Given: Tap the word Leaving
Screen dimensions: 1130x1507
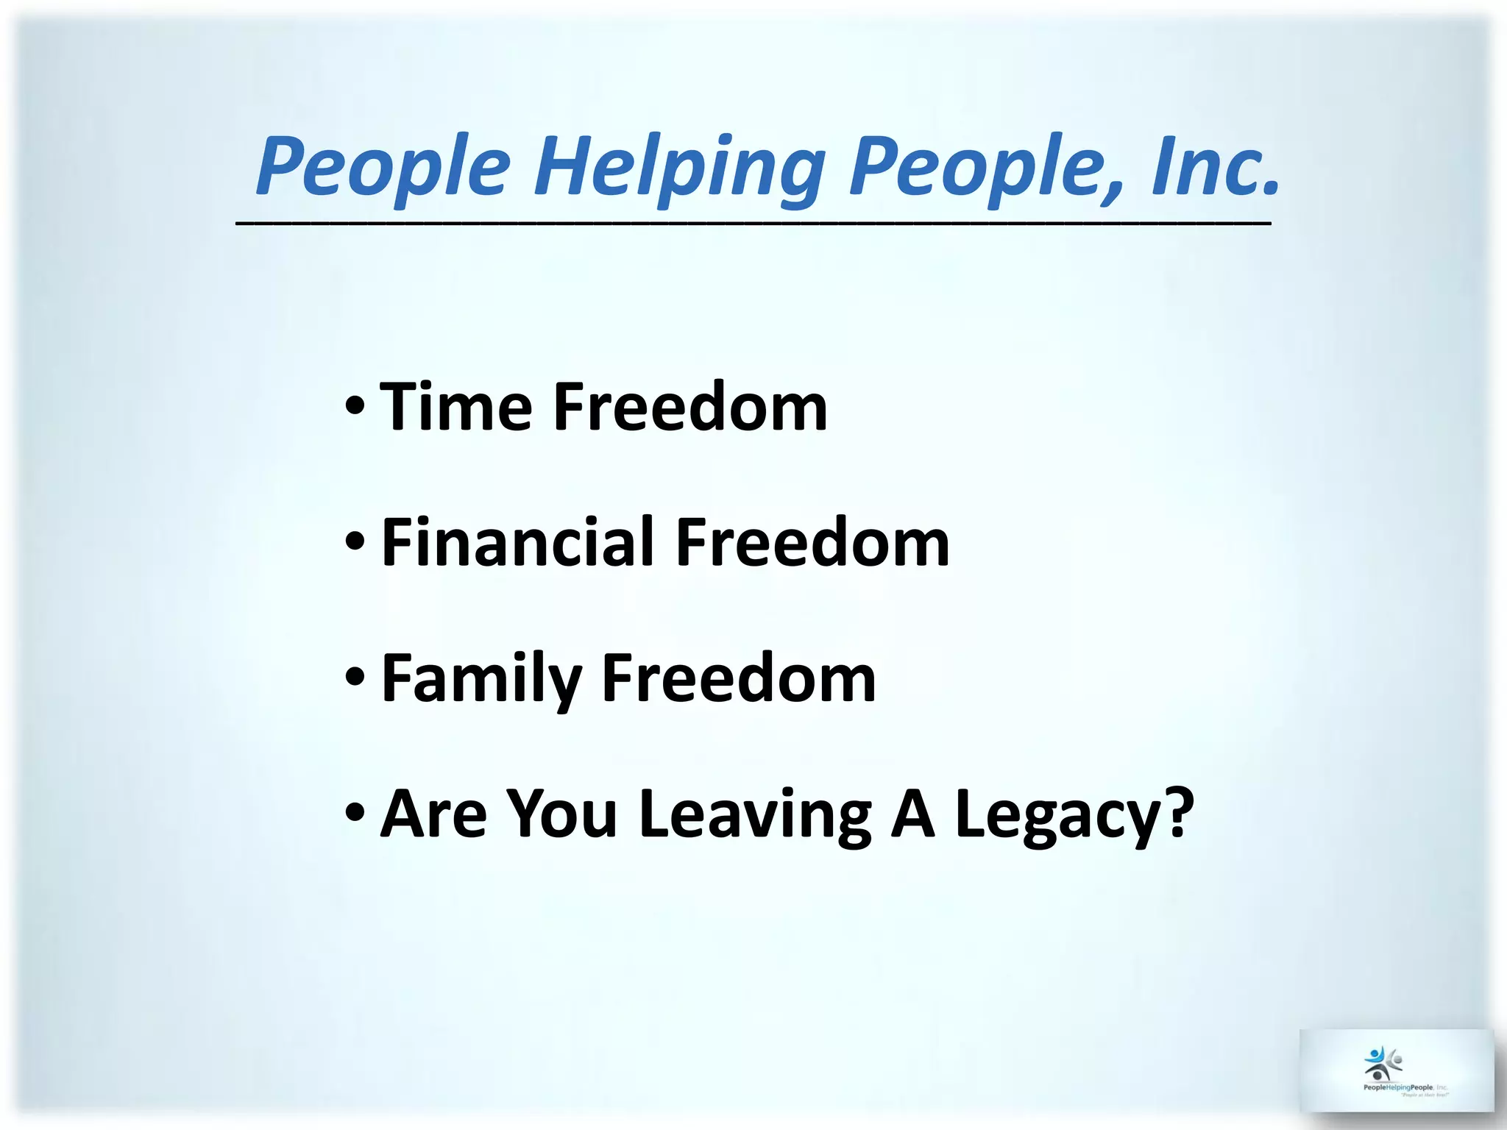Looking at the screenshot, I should (x=755, y=814).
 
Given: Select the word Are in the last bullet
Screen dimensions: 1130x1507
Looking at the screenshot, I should (x=433, y=814).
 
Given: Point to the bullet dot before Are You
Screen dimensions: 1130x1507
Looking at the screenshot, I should (x=354, y=814).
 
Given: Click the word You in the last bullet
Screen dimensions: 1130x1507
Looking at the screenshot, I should (x=562, y=814).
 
